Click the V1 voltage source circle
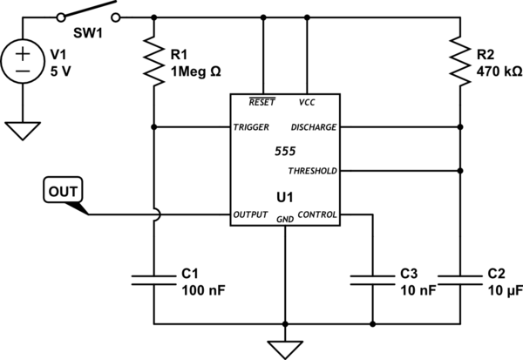click(23, 62)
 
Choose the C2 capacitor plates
click(458, 278)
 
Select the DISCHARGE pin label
click(312, 127)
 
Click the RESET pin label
click(261, 102)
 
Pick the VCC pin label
click(307, 102)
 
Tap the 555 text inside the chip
click(284, 150)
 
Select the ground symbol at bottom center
click(284, 347)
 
